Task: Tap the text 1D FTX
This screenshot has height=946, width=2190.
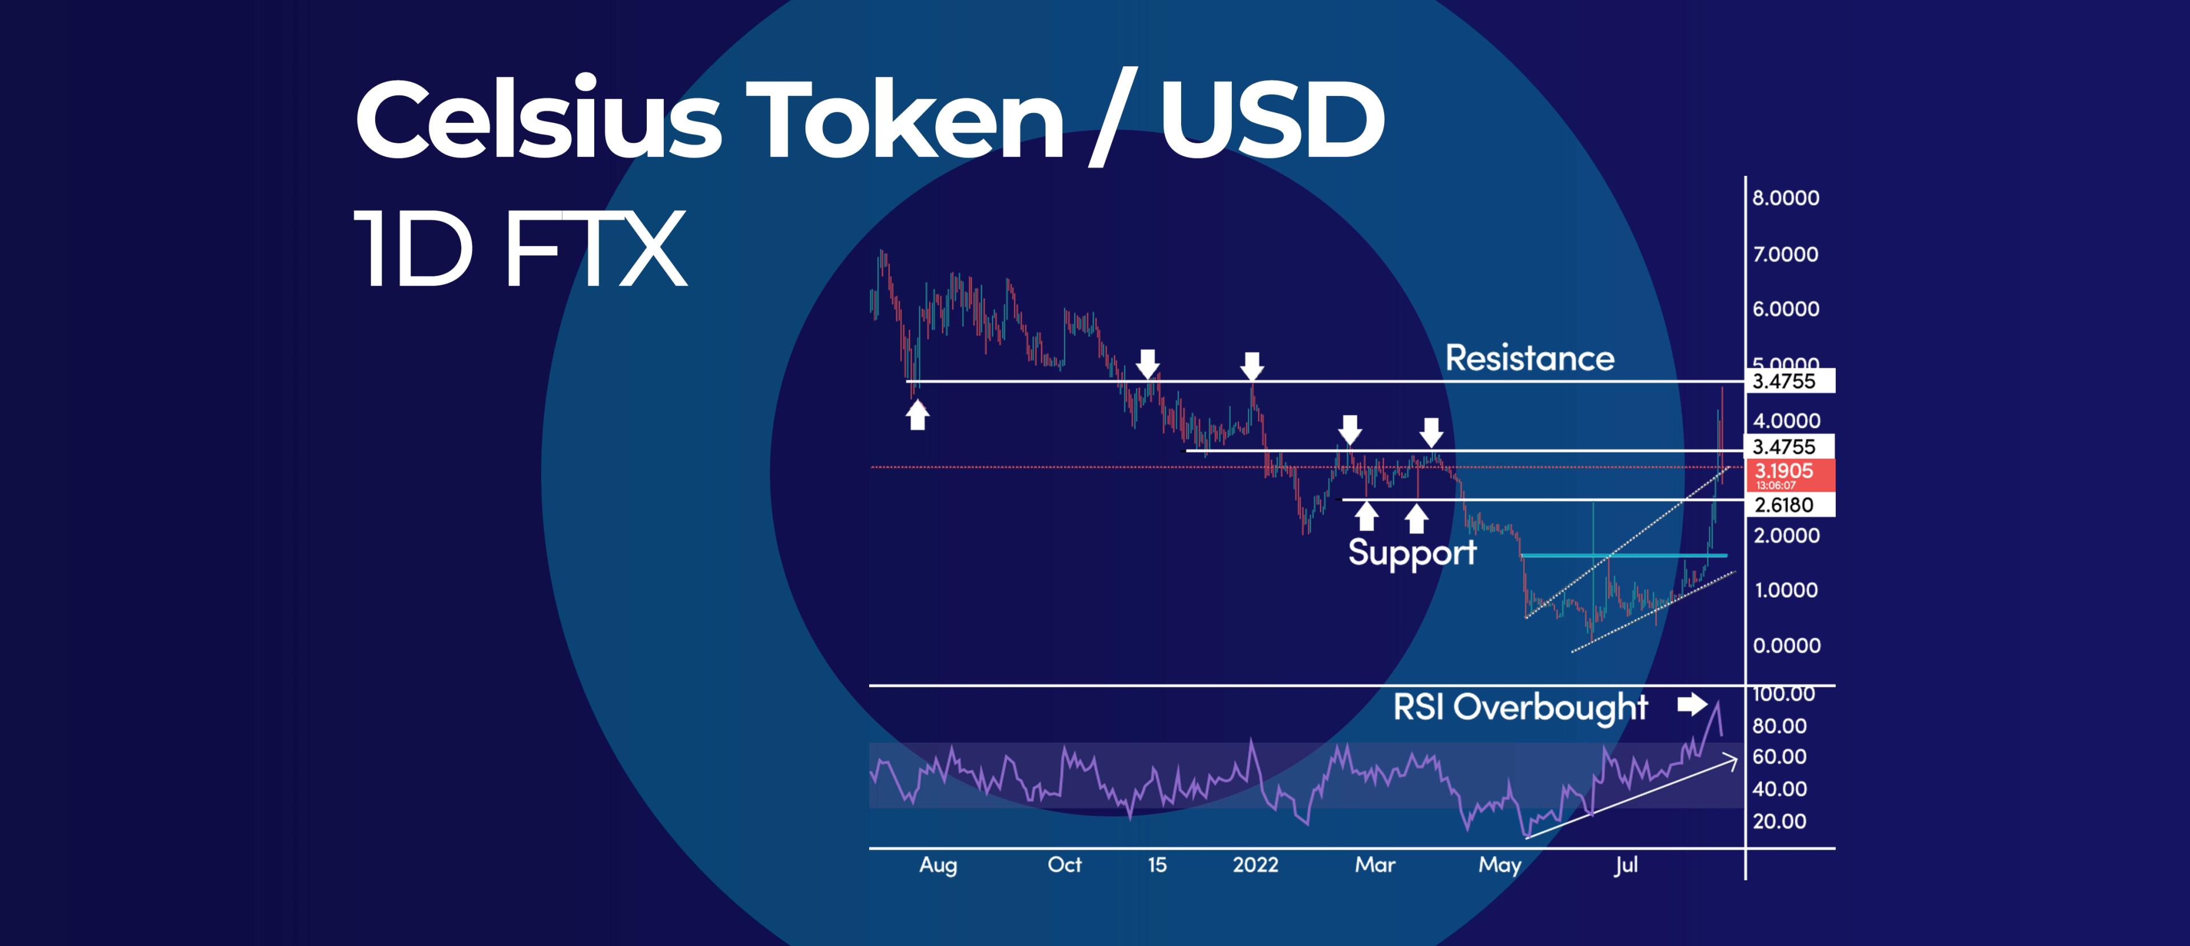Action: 520,249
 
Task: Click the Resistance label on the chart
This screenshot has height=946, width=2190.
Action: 1530,358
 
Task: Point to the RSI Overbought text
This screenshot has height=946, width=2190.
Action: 1520,707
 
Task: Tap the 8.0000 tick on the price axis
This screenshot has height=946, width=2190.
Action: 1785,198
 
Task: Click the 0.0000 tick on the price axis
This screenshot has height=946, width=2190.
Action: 1786,646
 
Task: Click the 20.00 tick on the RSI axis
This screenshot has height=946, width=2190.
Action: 1779,822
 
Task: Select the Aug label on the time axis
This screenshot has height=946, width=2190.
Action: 938,865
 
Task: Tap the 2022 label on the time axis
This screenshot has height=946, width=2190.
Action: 1255,865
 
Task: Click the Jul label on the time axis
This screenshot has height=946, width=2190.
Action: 1625,865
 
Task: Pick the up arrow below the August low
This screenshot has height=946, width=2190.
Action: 916,415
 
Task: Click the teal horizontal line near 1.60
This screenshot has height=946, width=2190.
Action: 1624,555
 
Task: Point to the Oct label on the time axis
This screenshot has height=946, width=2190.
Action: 1064,865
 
